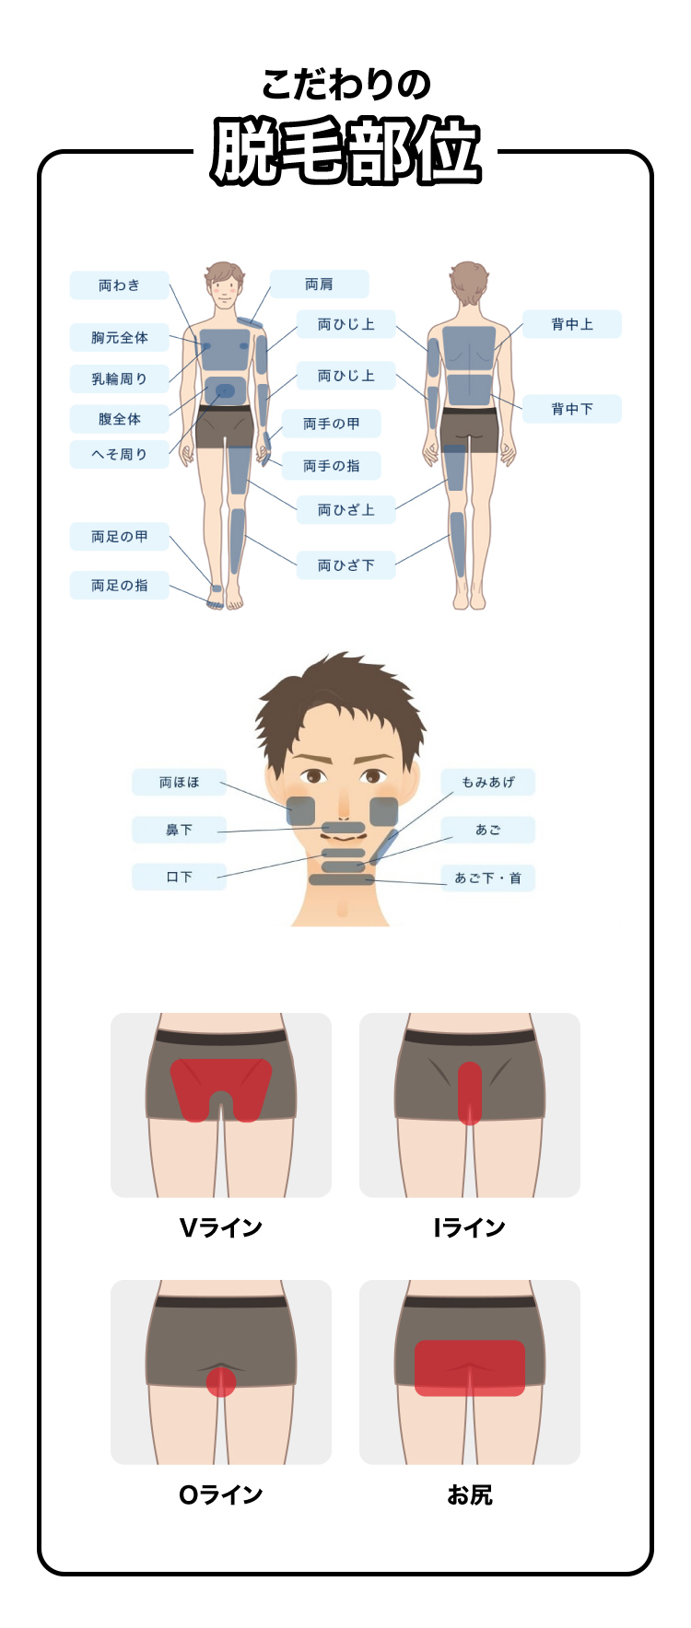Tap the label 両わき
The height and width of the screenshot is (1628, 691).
119,285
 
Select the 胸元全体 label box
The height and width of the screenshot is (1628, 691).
119,338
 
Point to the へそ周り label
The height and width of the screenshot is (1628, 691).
119,454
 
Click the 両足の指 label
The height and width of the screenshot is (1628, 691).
119,586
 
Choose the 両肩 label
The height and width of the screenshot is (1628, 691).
319,285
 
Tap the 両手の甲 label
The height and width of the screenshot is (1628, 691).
331,424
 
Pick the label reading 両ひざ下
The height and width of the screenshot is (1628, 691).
345,565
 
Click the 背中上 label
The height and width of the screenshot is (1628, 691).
571,324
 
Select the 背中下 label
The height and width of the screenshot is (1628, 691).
571,409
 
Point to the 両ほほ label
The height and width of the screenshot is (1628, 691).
179,783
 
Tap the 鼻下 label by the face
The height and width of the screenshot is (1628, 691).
179,831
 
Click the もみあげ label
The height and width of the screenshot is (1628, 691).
487,783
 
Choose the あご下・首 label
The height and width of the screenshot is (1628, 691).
487,878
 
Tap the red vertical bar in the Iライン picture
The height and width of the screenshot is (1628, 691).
470,1093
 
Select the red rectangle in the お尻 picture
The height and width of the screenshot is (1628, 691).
470,1368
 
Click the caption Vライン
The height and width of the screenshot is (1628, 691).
221,1227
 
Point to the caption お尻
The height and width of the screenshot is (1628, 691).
470,1494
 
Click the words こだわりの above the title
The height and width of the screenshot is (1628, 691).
345,86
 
